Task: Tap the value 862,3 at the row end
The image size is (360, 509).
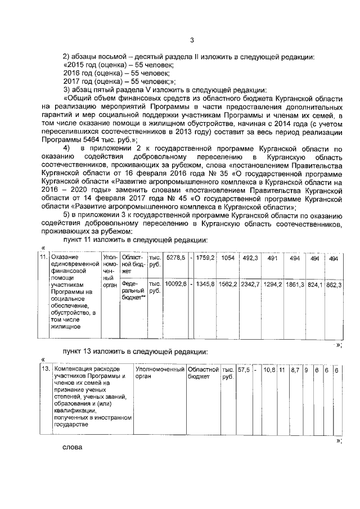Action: click(334, 285)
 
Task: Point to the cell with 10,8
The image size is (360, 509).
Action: click(269, 370)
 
